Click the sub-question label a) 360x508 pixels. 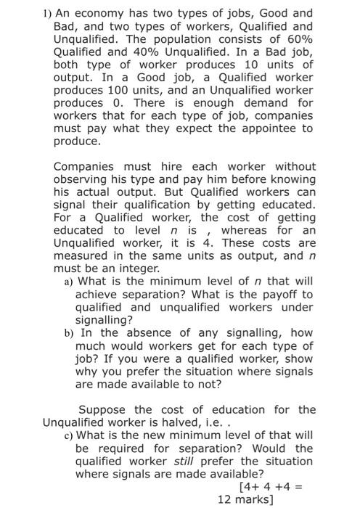[69, 281]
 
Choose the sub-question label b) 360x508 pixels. [69, 332]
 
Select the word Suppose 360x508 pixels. [103, 409]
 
